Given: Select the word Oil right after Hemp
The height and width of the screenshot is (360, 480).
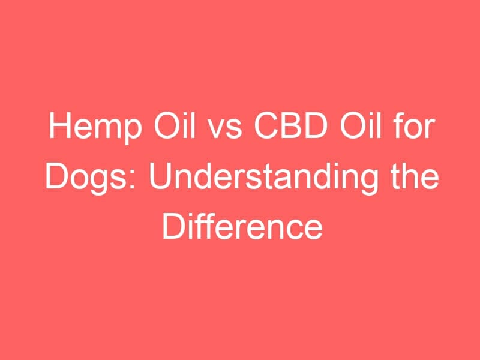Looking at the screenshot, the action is coord(174,125).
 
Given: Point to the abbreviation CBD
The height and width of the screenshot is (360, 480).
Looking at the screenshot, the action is coord(291,125).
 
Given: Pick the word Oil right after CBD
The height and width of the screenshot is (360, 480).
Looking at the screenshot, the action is coord(361,125).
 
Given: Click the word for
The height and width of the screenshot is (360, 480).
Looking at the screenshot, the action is coord(413,125).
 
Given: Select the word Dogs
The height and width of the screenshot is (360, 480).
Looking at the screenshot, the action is coord(86,179).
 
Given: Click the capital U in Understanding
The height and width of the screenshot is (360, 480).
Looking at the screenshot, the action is coord(160,176).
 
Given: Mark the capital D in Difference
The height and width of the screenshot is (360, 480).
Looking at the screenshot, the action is coord(173,227).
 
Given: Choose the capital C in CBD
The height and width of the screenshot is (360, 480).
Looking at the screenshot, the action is coord(266,125).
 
